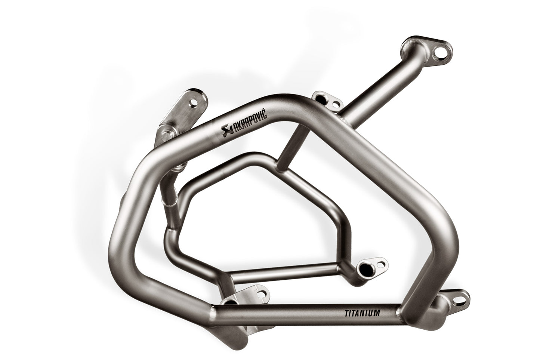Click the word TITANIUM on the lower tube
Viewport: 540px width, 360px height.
(361, 313)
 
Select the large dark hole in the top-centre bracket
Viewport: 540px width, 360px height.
(320, 98)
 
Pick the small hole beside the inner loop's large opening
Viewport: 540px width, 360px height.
(380, 263)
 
